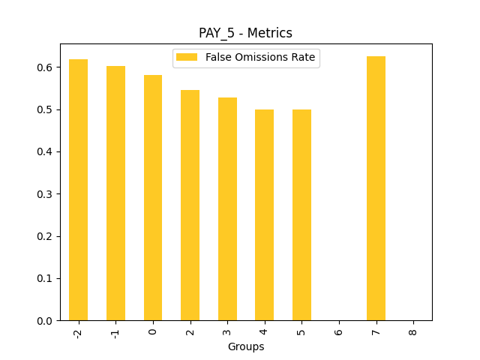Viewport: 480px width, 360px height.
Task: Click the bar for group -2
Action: (x=78, y=190)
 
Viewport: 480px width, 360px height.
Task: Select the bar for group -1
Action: (x=115, y=193)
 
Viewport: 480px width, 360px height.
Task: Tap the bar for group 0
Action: (x=153, y=198)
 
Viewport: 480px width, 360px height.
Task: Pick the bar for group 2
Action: (x=190, y=205)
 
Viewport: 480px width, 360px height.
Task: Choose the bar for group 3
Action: (x=227, y=209)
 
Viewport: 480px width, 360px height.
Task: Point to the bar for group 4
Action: (x=264, y=215)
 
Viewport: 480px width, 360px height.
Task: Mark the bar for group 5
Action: (x=301, y=215)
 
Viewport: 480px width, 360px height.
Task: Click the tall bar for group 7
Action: (x=376, y=188)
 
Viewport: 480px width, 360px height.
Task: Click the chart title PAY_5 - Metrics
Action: (x=245, y=33)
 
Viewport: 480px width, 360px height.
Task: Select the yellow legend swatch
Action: (x=187, y=58)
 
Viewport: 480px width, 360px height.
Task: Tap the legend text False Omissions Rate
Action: (x=260, y=58)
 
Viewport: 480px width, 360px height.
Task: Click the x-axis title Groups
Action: (x=246, y=346)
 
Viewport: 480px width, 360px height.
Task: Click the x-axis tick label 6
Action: (x=339, y=331)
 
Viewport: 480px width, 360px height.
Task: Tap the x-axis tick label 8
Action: (x=413, y=331)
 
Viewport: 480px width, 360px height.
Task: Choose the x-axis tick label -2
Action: (x=78, y=333)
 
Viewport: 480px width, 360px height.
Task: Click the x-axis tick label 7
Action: (x=376, y=331)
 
